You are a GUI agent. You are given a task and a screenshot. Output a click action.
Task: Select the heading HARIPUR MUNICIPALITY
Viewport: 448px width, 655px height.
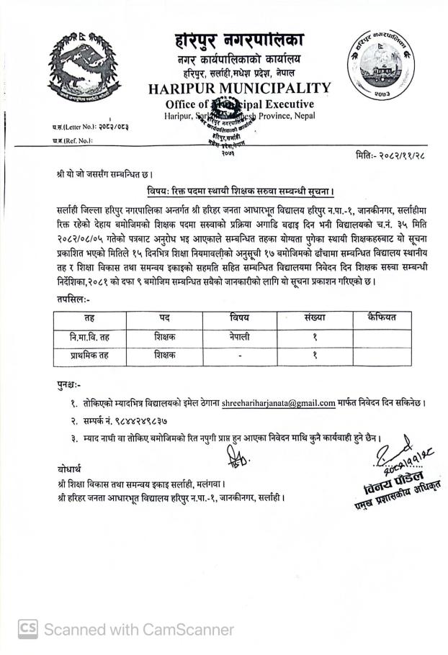coord(239,89)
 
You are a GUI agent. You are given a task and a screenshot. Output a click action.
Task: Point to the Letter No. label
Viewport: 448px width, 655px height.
coord(74,127)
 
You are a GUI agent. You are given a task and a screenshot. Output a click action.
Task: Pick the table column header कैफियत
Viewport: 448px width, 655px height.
coord(381,317)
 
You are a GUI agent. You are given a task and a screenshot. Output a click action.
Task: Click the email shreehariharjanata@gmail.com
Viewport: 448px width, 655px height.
coord(279,402)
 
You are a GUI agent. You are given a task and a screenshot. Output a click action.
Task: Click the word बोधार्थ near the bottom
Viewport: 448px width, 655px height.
coord(70,468)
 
